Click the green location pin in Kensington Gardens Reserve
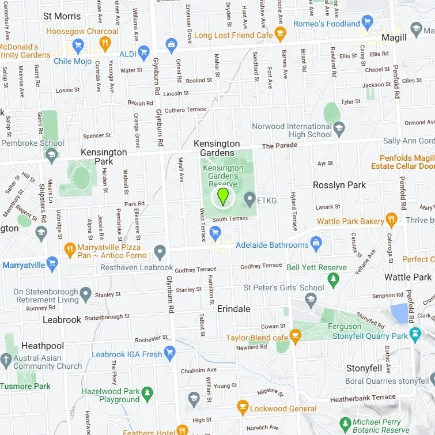click(x=222, y=196)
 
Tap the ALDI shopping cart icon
click(x=143, y=51)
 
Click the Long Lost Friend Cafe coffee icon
click(x=280, y=32)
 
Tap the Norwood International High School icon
click(x=339, y=127)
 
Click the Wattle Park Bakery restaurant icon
click(x=391, y=219)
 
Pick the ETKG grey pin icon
click(x=249, y=200)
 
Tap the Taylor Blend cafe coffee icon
click(x=295, y=335)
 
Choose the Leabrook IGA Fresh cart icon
click(x=169, y=351)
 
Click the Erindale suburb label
click(x=234, y=309)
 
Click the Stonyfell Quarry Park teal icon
click(x=415, y=334)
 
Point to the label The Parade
click(x=279, y=146)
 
